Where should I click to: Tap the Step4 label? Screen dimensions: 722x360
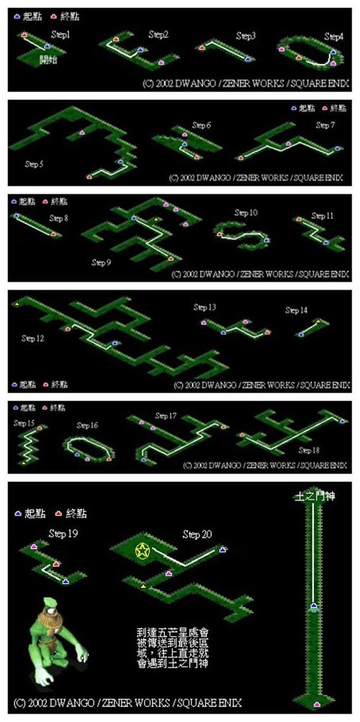333,36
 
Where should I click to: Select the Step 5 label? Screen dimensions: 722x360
34,164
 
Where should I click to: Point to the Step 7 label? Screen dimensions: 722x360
325,125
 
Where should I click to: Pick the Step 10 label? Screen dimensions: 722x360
246,213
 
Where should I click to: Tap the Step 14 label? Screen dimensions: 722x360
296,310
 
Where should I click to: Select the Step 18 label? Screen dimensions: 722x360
310,450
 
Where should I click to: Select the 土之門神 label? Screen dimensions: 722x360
312,497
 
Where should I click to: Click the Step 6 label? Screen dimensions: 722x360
201,126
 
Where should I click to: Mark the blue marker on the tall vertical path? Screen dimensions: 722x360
314,607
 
